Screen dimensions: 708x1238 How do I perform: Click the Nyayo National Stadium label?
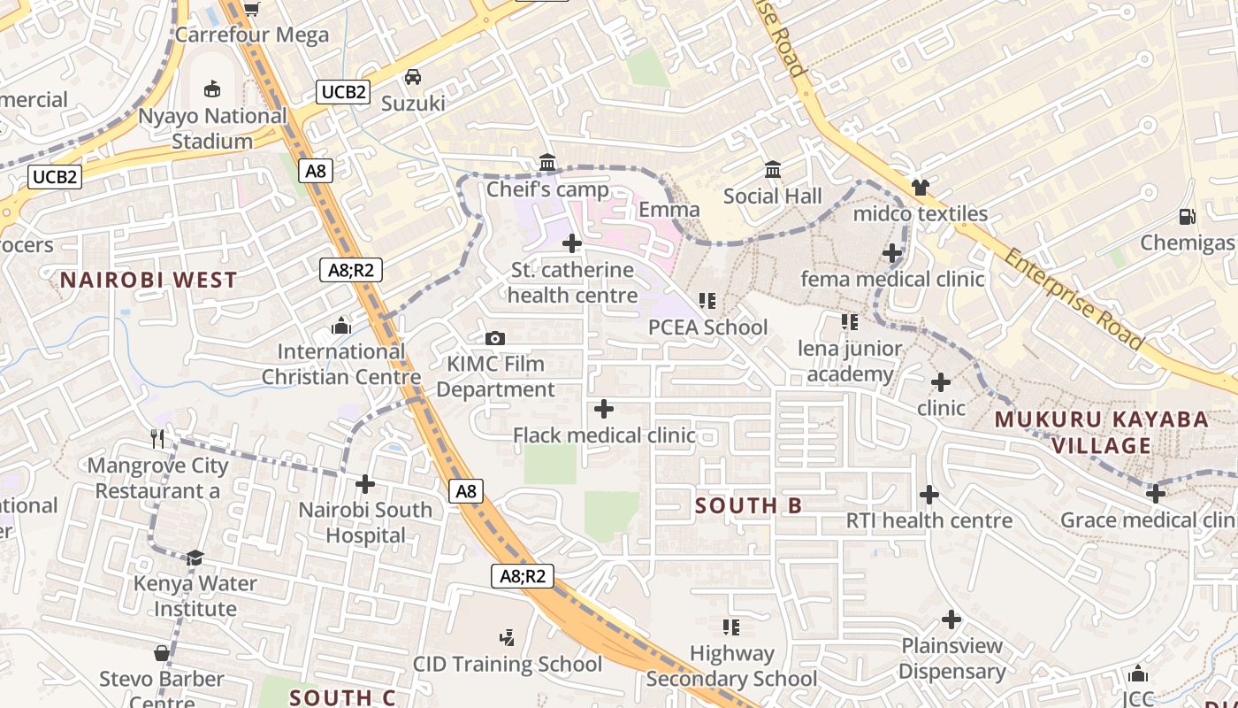pos(212,128)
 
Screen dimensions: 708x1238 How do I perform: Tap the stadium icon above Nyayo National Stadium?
pos(212,88)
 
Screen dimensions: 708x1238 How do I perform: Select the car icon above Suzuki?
pos(413,77)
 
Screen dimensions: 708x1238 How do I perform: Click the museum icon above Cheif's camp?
pos(547,163)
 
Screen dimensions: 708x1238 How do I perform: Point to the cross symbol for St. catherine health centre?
pos(572,242)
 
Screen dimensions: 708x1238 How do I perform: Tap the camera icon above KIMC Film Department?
pos(495,338)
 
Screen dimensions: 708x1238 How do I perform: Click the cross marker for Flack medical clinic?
pos(604,409)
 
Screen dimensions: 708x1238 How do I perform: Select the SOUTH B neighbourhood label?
pos(748,505)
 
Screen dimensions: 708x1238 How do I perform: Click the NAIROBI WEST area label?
pos(149,281)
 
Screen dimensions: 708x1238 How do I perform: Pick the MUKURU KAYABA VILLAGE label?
pos(1102,432)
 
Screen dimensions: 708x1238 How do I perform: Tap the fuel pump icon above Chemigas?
pos(1187,216)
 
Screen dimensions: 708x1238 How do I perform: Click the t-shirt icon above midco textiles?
pos(920,187)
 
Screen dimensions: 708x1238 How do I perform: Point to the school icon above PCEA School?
pos(707,301)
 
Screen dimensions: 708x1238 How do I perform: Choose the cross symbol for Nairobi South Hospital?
pos(365,484)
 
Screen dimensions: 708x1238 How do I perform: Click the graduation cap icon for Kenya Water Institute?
pos(195,558)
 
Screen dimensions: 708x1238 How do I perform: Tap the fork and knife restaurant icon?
pos(157,438)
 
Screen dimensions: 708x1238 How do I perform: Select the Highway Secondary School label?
pos(731,666)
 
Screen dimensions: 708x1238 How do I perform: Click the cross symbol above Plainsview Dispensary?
pos(951,619)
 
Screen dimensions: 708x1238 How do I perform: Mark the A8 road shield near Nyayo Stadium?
pos(316,171)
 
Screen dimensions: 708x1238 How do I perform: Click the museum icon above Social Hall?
pos(773,169)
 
